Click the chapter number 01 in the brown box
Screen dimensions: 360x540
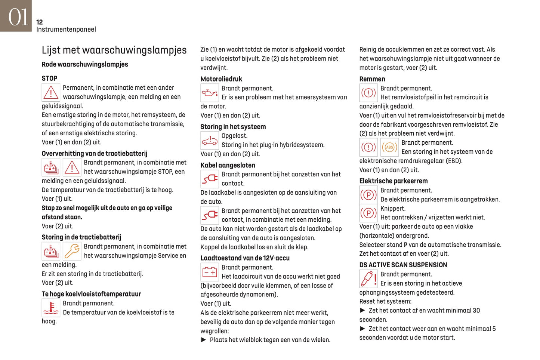click(18, 17)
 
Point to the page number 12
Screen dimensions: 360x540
click(40, 22)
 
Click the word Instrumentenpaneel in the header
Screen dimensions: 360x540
click(66, 30)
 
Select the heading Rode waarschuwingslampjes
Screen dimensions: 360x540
click(85, 64)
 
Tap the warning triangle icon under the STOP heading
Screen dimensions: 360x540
click(51, 92)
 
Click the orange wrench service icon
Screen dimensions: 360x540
click(72, 251)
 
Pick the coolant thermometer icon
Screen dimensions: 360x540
click(51, 308)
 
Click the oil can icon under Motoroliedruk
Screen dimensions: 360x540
click(210, 93)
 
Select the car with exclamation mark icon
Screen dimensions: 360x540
click(210, 141)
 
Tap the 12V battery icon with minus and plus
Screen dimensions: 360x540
click(210, 272)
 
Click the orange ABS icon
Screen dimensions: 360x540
click(389, 147)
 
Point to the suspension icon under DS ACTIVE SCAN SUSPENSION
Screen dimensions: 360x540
click(368, 279)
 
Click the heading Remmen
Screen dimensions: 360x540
click(372, 79)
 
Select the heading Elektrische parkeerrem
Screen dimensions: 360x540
click(394, 181)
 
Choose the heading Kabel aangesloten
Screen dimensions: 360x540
click(228, 165)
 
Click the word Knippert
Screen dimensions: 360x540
click(393, 209)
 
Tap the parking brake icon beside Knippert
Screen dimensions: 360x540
click(368, 213)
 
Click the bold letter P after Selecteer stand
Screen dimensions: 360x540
click(405, 245)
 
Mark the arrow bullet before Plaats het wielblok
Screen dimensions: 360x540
click(204, 340)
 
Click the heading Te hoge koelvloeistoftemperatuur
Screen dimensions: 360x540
click(91, 294)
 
